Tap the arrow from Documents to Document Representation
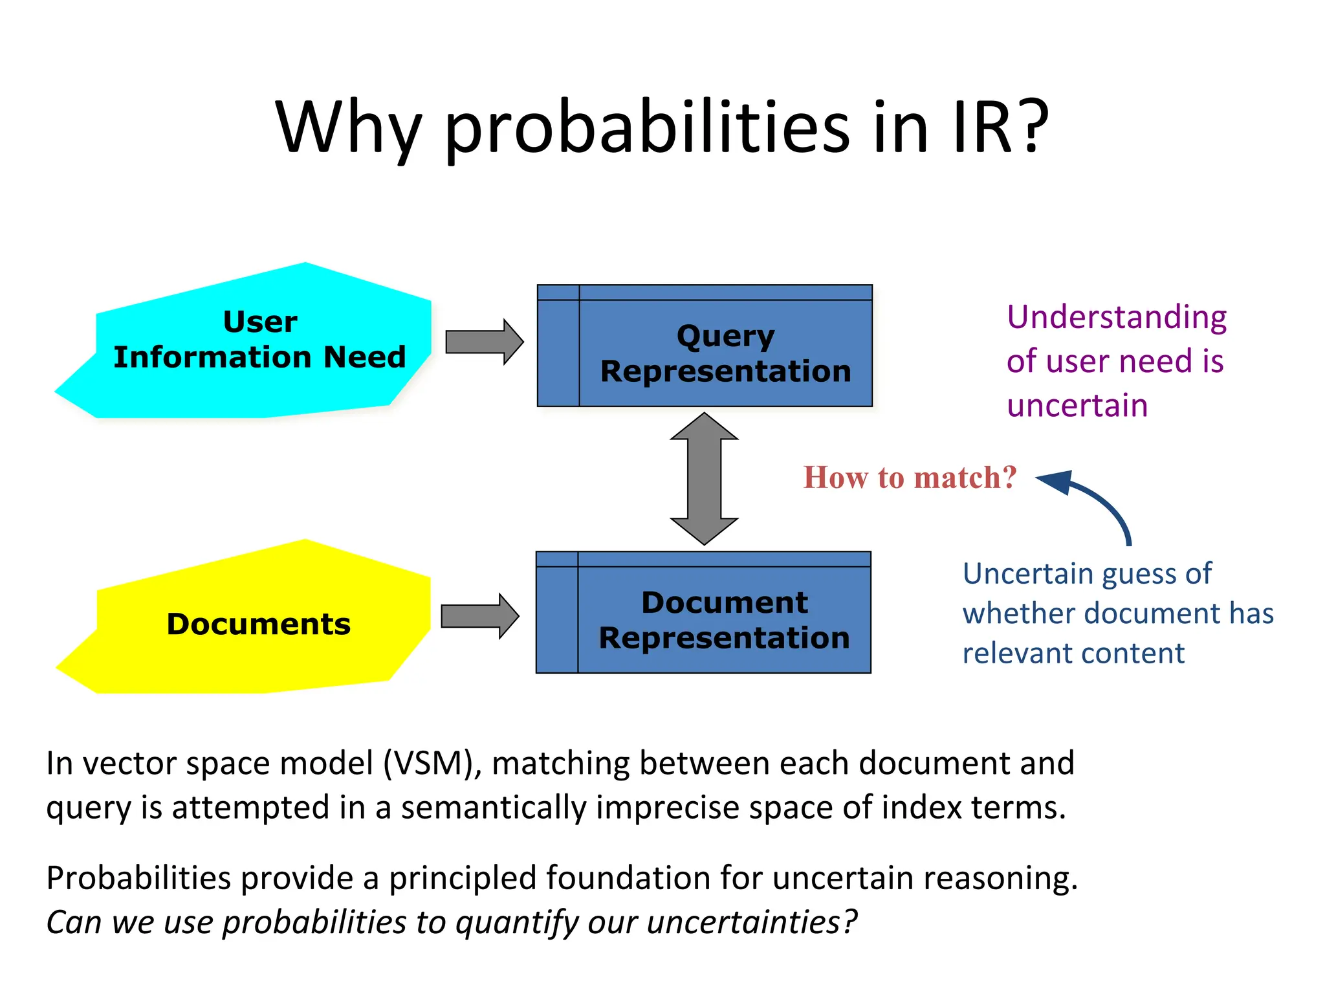(479, 616)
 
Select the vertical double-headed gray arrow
(704, 479)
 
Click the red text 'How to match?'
(910, 478)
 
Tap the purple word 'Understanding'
(1117, 318)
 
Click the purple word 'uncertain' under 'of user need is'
(1077, 406)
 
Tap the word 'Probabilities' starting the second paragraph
(138, 878)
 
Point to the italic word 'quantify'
(517, 922)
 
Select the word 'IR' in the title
(981, 128)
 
